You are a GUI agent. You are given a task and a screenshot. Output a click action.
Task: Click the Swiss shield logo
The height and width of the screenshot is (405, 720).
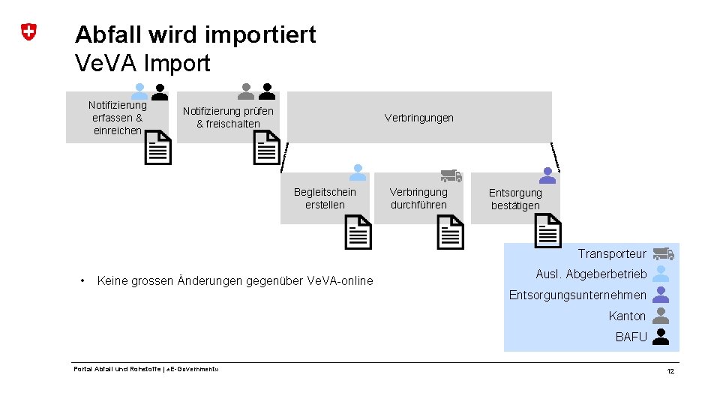(28, 32)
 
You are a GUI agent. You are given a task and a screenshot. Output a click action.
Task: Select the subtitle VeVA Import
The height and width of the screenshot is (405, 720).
(142, 63)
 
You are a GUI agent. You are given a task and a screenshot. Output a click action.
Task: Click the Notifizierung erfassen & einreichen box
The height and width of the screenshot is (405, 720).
(117, 118)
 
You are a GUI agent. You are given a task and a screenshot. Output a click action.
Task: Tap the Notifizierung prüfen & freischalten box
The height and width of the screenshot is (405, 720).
(228, 118)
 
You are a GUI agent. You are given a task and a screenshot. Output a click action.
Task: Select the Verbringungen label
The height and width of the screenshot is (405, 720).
(418, 118)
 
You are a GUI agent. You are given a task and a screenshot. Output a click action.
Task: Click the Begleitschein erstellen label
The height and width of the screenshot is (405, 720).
(325, 199)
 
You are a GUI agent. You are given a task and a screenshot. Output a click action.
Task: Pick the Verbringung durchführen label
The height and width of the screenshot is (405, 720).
(418, 199)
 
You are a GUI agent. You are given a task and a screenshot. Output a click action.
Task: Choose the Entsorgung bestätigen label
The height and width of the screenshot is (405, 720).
(515, 199)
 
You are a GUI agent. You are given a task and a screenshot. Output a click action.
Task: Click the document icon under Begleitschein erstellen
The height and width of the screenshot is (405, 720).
(358, 232)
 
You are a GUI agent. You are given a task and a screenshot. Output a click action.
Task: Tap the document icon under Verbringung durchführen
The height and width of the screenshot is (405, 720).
(451, 232)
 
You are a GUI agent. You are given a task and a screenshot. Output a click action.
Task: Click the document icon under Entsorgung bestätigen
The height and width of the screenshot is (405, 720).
(547, 231)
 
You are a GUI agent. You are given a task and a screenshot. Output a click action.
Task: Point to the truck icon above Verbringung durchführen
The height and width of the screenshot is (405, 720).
(451, 176)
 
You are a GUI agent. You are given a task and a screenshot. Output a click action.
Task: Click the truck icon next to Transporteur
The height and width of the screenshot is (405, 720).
(662, 254)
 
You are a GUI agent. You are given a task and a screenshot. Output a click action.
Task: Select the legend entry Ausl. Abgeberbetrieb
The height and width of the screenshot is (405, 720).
(591, 274)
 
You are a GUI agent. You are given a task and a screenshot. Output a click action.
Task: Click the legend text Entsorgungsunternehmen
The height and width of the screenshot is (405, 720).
(577, 295)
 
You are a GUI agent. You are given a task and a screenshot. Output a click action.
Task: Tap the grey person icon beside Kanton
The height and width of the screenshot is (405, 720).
(661, 316)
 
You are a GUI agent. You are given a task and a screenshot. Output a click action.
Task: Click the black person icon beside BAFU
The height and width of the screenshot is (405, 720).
(661, 337)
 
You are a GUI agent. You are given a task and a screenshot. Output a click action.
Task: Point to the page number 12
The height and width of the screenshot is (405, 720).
(670, 372)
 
